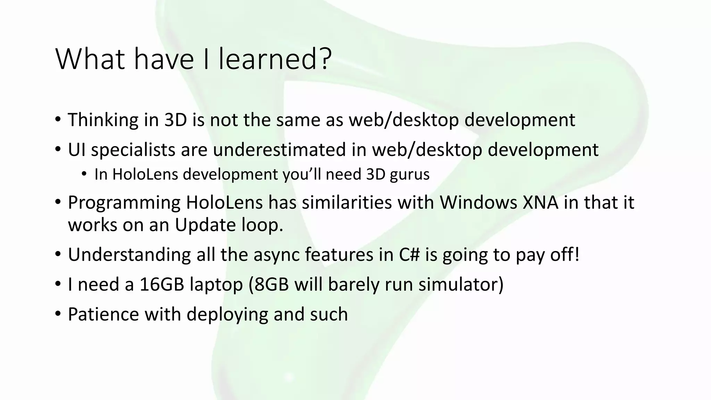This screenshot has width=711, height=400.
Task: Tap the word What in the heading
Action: point(90,59)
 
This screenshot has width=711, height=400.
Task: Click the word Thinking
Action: point(103,120)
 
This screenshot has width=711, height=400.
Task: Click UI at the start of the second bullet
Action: point(76,150)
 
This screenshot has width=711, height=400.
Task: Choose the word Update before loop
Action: point(205,225)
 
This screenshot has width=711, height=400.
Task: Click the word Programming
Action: point(124,203)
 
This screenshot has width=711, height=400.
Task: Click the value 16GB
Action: point(162,284)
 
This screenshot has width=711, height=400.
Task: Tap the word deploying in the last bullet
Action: point(227,315)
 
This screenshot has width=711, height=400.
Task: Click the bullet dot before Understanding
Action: point(58,255)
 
